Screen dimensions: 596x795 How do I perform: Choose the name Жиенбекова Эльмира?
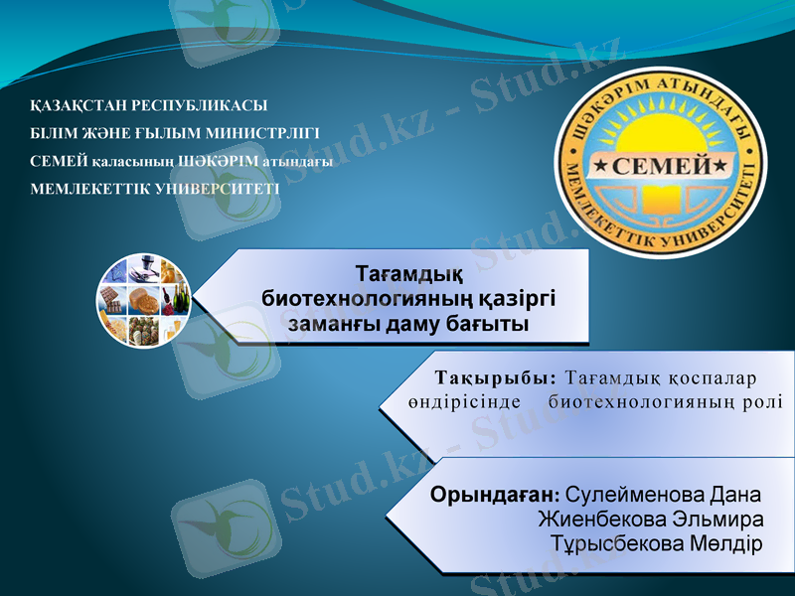point(651,520)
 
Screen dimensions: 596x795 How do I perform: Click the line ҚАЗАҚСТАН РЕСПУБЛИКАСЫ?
point(149,105)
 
